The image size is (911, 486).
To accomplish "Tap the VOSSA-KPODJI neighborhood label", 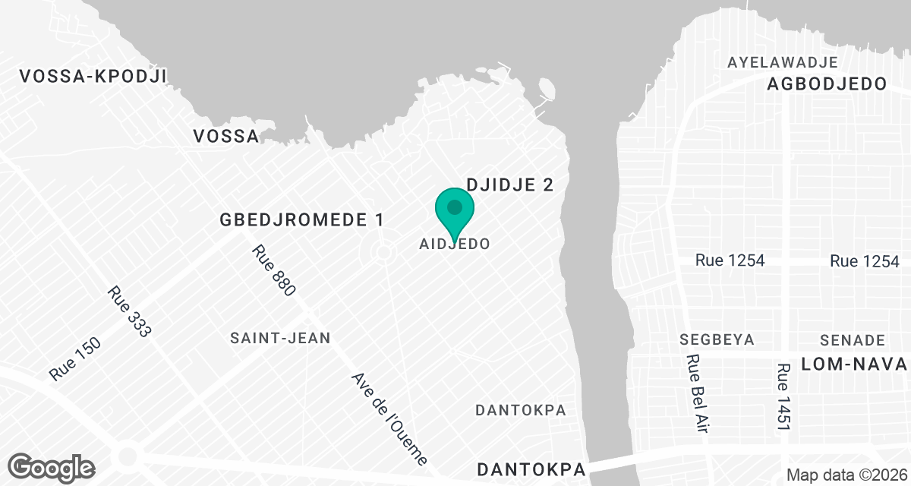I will pos(93,76).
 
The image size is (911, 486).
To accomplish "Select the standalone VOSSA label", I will pos(225,136).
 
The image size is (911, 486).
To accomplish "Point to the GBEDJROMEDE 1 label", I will pos(301,220).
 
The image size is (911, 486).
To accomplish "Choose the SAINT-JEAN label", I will pos(281,338).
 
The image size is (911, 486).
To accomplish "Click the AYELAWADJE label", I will pos(782,62).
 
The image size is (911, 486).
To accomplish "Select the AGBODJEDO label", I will pos(827,84).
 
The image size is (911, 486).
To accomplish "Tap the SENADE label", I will pos(853,339).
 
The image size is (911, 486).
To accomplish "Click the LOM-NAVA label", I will pos(855,364).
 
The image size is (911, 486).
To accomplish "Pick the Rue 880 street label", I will pos(273,270).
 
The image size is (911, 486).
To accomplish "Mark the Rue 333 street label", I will pos(130,311).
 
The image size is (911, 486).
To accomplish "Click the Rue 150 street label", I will pos(74,358).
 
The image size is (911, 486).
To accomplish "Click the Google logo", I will pos(52,466).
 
